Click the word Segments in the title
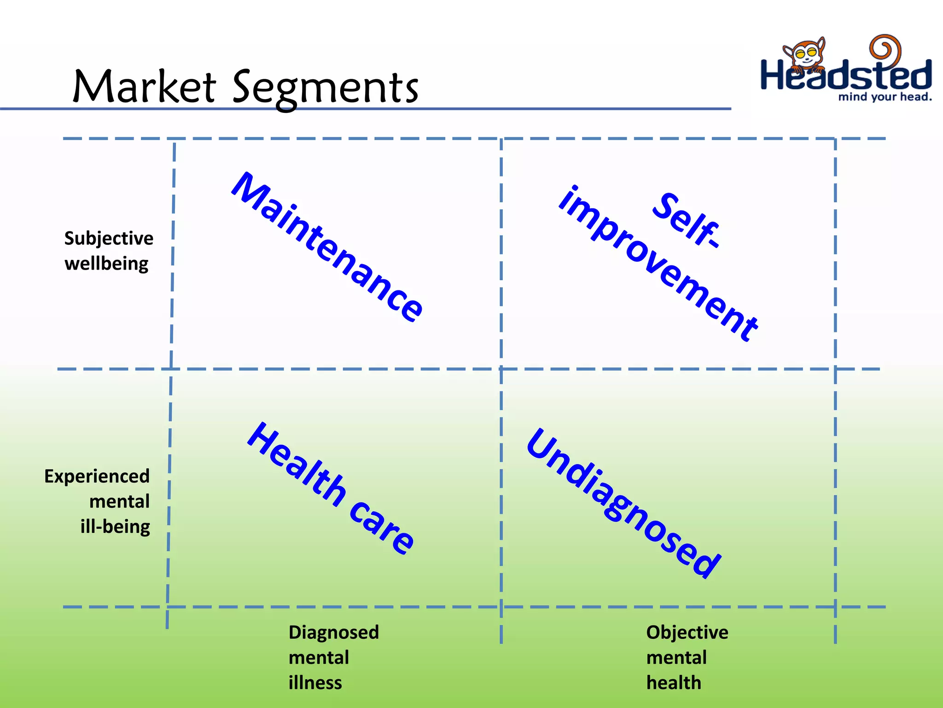(x=325, y=88)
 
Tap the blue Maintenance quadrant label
(x=327, y=247)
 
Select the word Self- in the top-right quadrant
(x=686, y=220)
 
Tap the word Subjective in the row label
(x=109, y=239)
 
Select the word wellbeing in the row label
(x=106, y=264)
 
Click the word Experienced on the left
(x=97, y=476)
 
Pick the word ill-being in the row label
(x=115, y=527)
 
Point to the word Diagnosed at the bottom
(x=333, y=632)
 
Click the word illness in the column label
(x=315, y=683)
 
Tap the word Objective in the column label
(x=687, y=632)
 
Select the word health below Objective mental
(x=674, y=683)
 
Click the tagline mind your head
(x=885, y=97)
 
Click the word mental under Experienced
(x=119, y=501)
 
